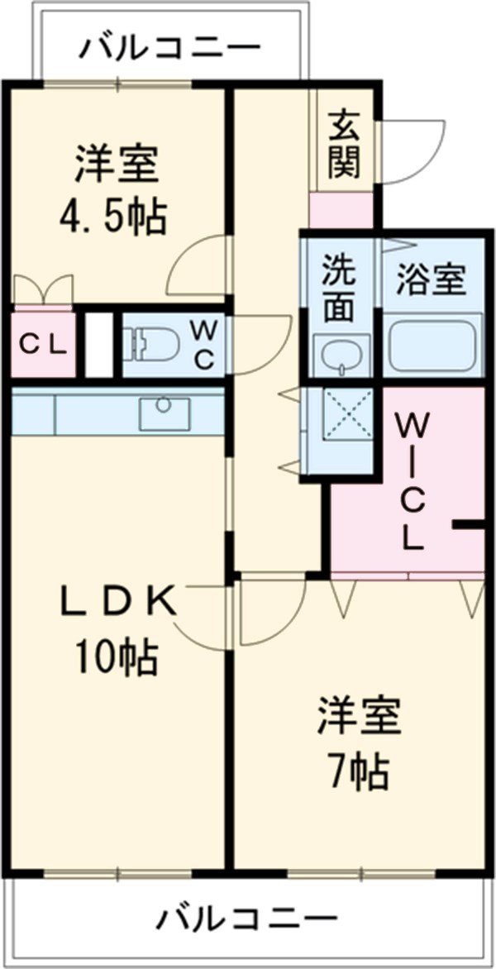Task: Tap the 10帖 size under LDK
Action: click(x=116, y=657)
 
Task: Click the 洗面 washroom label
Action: click(x=338, y=286)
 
